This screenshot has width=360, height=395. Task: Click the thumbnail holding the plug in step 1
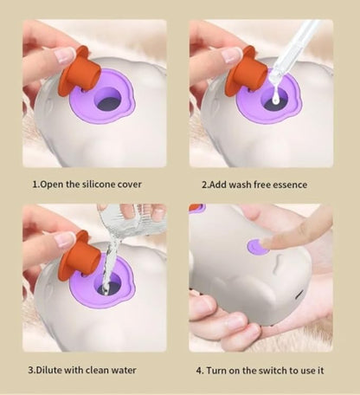(65, 55)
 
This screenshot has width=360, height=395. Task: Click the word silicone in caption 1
(97, 185)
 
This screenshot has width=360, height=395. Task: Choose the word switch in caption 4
(271, 370)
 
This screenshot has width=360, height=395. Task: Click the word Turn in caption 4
(216, 370)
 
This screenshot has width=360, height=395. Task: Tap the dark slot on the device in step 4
(299, 294)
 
